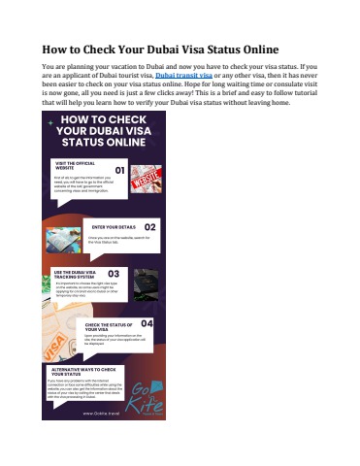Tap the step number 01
point(118,170)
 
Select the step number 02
point(150,227)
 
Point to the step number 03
point(114,274)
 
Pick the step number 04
point(147,322)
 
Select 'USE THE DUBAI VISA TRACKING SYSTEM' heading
point(78,273)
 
